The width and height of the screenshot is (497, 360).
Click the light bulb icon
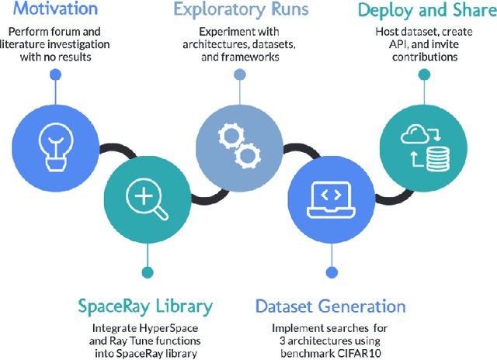54,144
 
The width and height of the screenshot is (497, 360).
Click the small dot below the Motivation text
54,74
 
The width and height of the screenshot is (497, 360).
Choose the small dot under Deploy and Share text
422,74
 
